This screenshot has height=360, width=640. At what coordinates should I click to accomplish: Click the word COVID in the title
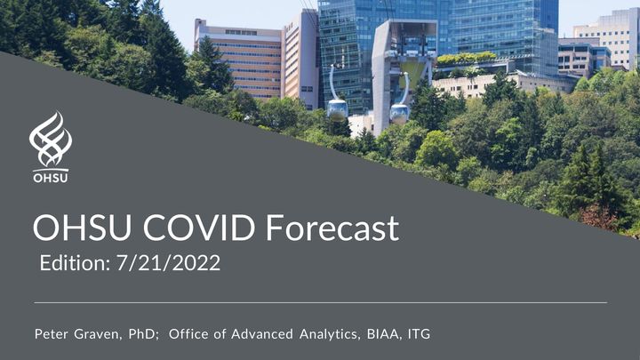click(x=199, y=228)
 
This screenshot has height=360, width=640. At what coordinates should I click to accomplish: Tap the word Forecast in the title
click(x=332, y=228)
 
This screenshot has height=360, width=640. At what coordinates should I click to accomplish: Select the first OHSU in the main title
click(x=82, y=228)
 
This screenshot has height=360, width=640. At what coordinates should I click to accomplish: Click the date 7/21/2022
click(x=169, y=263)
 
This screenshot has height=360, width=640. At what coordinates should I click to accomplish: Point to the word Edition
click(x=75, y=263)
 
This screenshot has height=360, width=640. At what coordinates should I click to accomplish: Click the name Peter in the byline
click(x=51, y=334)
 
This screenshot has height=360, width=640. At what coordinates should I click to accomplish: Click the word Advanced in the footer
click(x=262, y=334)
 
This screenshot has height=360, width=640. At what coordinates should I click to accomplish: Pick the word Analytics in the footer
click(x=330, y=334)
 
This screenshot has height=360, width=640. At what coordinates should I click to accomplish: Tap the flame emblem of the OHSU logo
click(x=51, y=140)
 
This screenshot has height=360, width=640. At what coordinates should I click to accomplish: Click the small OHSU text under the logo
click(x=51, y=178)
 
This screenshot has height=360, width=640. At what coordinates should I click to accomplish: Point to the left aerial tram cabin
click(x=337, y=109)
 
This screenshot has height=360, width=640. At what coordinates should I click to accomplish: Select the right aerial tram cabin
click(x=400, y=114)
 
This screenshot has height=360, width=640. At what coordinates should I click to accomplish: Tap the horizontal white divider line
click(x=320, y=303)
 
